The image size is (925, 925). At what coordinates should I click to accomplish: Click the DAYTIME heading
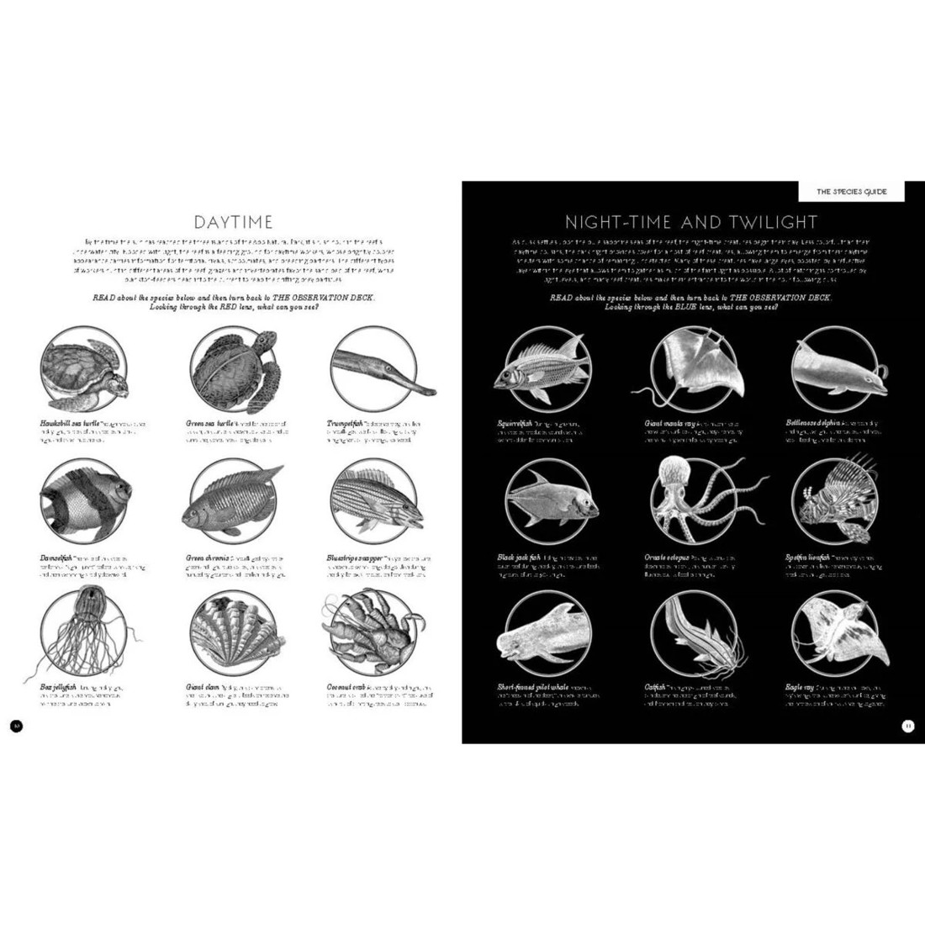(x=233, y=222)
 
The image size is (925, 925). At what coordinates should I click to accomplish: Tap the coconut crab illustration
(x=367, y=637)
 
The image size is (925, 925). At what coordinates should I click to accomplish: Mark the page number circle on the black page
(x=907, y=727)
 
